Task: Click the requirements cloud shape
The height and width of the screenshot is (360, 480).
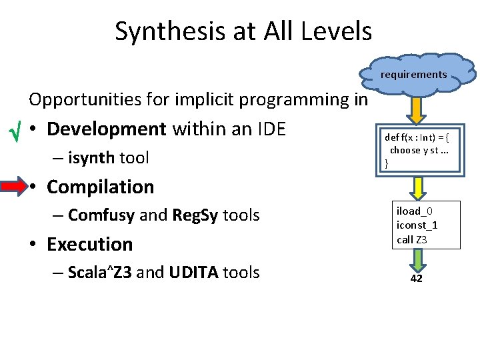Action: (414, 74)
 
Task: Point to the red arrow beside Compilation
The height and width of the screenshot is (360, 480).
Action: (13, 187)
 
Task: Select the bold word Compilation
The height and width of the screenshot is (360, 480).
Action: (100, 187)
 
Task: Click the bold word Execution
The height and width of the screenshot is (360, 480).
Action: (89, 244)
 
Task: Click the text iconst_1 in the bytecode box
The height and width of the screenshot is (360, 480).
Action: (417, 225)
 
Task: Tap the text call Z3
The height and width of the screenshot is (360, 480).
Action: (411, 240)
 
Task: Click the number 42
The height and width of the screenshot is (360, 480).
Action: (416, 279)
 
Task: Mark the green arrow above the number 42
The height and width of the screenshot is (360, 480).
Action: (417, 259)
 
